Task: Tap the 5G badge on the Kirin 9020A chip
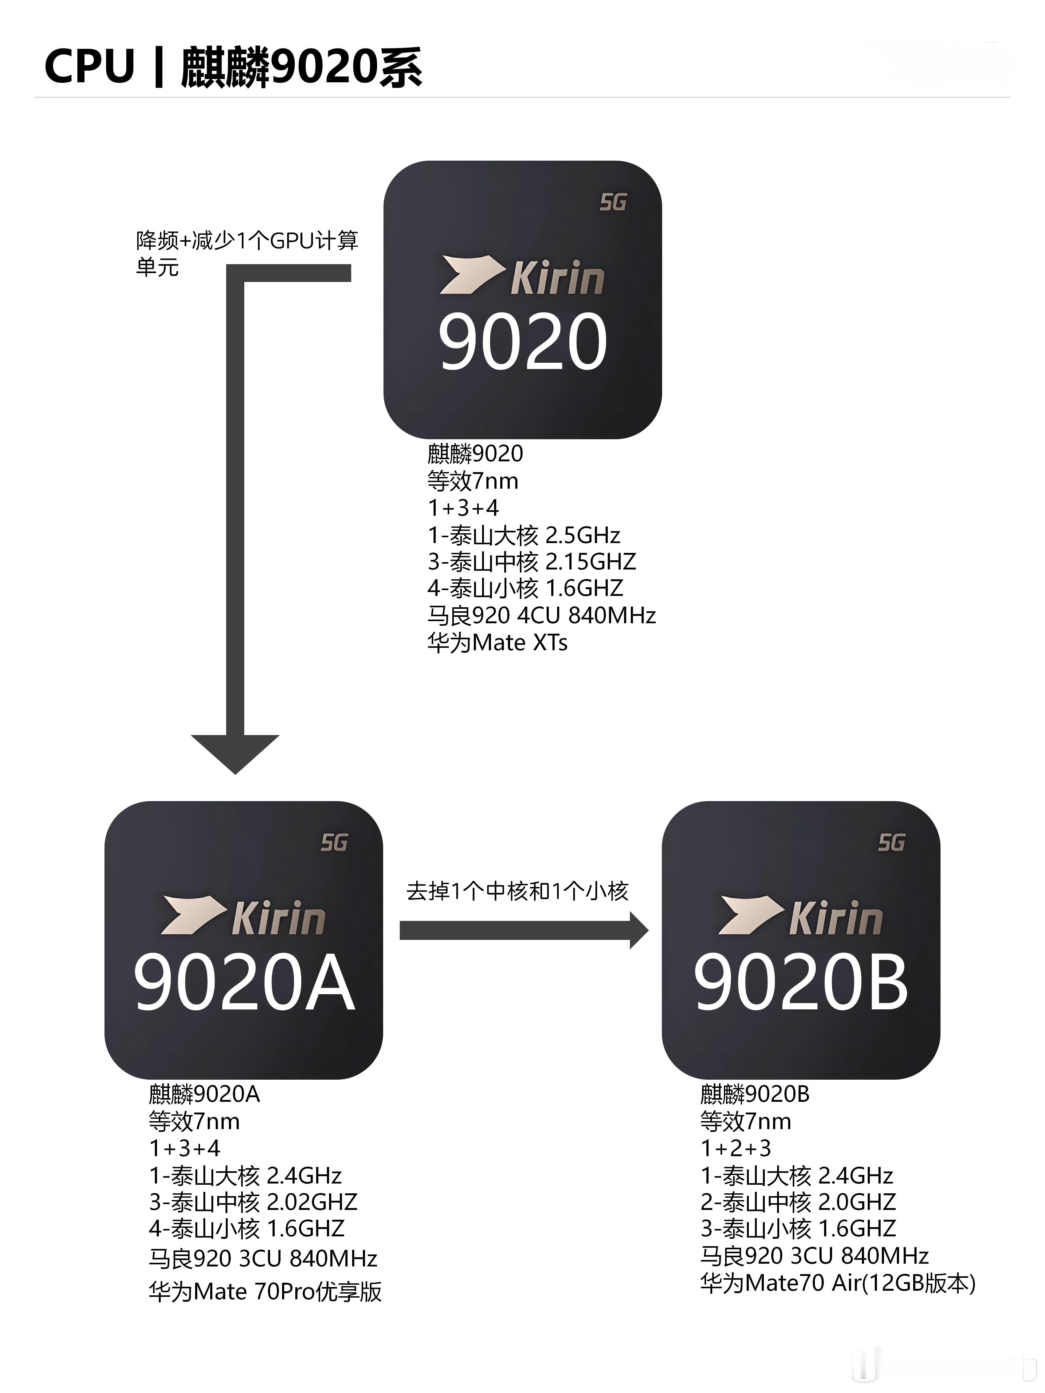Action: (x=334, y=843)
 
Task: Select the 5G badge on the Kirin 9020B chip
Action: (x=891, y=843)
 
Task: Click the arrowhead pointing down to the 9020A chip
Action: (x=235, y=753)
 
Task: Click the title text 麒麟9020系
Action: (x=301, y=67)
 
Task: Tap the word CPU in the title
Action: (x=89, y=67)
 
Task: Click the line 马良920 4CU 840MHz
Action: (x=541, y=615)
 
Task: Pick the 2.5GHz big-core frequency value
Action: (x=583, y=535)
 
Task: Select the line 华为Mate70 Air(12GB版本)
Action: (x=837, y=1283)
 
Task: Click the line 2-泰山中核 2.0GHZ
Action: (x=797, y=1202)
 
